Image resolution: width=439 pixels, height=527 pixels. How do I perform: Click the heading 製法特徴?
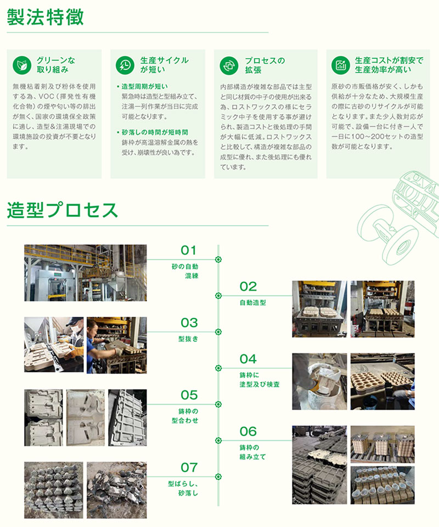[45, 17]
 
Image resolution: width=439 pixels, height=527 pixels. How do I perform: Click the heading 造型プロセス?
[63, 210]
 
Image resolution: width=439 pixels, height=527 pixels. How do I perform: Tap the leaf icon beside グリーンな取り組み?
[22, 65]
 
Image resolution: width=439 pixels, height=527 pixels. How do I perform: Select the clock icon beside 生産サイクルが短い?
[125, 65]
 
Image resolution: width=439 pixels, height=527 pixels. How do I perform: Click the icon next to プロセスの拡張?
[229, 65]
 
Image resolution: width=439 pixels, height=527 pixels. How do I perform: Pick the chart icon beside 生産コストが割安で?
[341, 65]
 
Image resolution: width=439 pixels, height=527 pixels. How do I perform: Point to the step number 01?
[188, 250]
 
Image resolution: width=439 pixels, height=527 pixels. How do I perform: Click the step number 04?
[248, 359]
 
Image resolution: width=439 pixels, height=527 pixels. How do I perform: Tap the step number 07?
[189, 468]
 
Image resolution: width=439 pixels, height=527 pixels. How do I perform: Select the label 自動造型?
[252, 302]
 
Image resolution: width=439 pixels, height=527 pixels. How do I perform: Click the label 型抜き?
[188, 339]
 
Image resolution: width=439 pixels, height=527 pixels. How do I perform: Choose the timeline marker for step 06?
[218, 440]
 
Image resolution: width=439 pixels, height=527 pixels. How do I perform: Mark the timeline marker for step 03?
[218, 332]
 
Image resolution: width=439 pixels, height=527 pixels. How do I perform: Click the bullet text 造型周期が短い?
[144, 86]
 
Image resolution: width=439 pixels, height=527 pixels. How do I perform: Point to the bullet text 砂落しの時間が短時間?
[155, 132]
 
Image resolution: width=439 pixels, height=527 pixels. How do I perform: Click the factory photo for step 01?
[85, 273]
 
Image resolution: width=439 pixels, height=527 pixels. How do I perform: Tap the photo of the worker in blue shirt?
[116, 345]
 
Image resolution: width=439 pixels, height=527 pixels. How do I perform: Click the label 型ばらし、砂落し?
[183, 489]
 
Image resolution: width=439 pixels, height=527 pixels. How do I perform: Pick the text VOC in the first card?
[46, 97]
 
